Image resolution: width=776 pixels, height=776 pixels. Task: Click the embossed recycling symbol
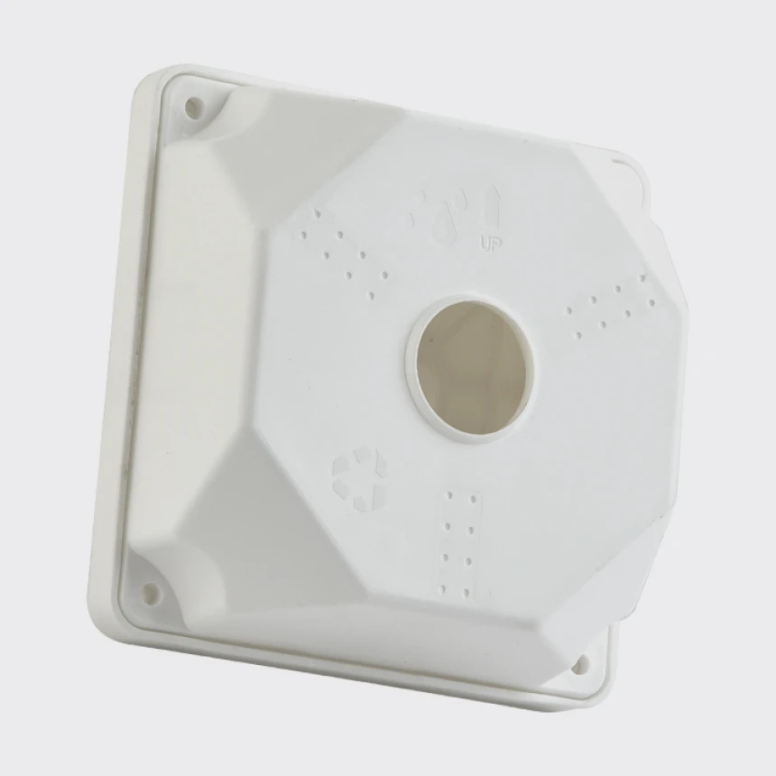click(360, 478)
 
